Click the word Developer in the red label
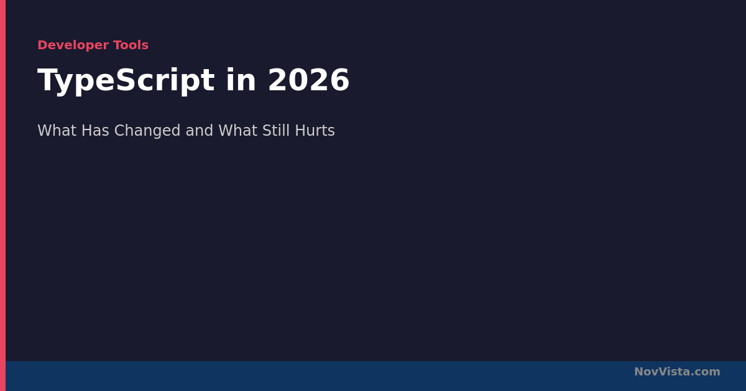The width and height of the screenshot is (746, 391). click(73, 45)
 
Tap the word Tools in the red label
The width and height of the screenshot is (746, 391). click(131, 45)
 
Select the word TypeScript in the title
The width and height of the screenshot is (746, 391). click(126, 81)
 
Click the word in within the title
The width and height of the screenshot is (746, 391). click(241, 80)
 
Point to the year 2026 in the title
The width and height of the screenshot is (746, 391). click(309, 80)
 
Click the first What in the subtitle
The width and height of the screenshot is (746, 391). click(57, 130)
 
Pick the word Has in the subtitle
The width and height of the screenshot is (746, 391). click(95, 130)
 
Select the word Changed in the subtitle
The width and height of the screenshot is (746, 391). click(147, 131)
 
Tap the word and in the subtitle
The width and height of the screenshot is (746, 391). click(199, 130)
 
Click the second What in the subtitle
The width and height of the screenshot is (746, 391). click(237, 130)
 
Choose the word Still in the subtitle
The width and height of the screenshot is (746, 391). click(276, 130)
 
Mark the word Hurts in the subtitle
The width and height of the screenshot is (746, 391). click(315, 130)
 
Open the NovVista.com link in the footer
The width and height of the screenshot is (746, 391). click(677, 372)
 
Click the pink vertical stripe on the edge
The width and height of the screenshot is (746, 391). click(2, 195)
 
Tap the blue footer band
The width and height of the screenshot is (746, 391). click(375, 376)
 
